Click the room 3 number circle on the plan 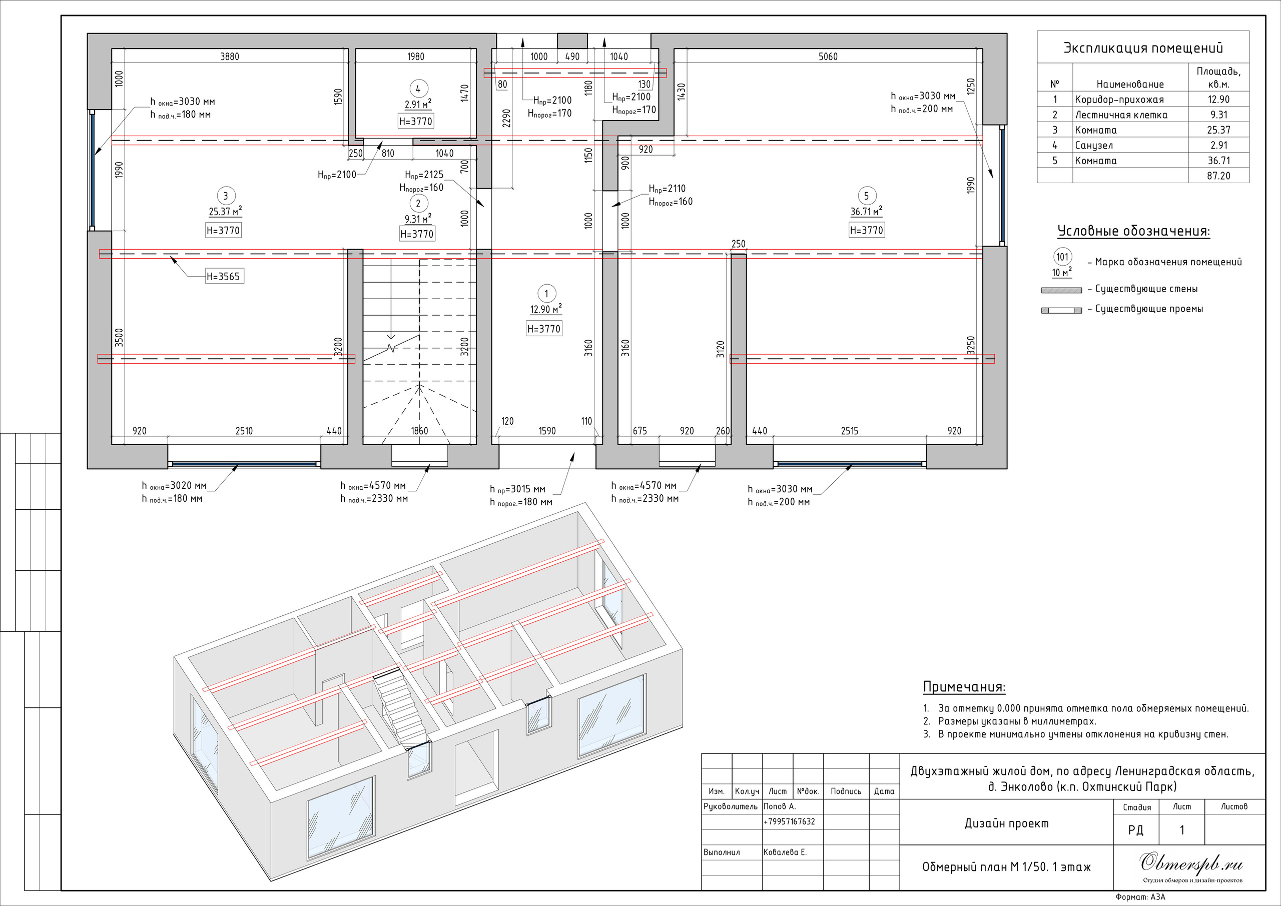pos(225,196)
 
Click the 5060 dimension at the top pos(828,57)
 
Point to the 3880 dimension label pos(230,57)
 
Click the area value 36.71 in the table pos(1218,161)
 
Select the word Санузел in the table pos(1094,146)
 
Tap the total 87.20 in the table pos(1218,176)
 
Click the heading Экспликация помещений pos(1143,48)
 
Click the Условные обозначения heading pos(1134,231)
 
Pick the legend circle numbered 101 pos(1062,257)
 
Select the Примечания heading pos(964,687)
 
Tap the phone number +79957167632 pos(789,822)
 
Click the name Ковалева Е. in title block pos(785,852)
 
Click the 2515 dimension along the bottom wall pos(850,431)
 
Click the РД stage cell pos(1135,830)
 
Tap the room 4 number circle pos(418,88)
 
